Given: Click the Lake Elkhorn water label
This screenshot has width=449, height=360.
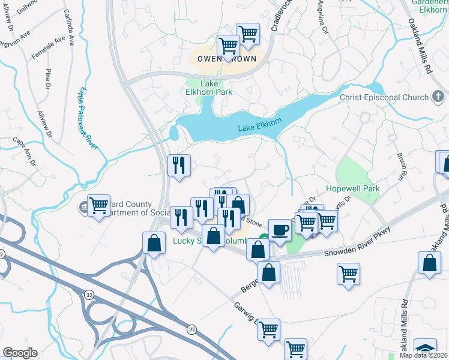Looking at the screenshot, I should (x=259, y=125).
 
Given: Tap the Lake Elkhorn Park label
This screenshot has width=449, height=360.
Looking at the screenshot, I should (x=208, y=88).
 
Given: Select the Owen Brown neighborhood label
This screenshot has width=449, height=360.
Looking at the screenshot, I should (x=223, y=59).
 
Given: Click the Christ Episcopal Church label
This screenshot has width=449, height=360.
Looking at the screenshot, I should (x=384, y=97).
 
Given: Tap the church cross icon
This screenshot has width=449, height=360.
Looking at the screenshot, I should (x=438, y=97).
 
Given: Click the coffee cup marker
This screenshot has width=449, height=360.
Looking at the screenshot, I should (x=280, y=229).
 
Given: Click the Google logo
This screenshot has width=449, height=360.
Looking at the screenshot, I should (x=20, y=353).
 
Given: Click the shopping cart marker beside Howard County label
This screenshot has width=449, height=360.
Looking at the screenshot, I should (x=98, y=205).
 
